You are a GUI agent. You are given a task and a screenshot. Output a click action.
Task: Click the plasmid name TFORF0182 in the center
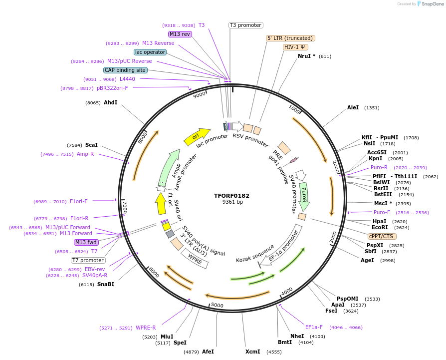tap(232, 195)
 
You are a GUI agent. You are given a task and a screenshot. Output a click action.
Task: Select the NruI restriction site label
tap(306, 56)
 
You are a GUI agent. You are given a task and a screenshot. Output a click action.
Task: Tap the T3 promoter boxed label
tap(245, 25)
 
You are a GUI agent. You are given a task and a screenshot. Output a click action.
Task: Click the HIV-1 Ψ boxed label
tap(295, 47)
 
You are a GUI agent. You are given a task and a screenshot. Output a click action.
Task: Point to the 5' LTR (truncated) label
tap(290, 38)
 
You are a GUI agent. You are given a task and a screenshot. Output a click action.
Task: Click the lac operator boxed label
tap(150, 52)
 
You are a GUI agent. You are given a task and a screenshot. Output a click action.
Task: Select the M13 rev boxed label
tap(180, 34)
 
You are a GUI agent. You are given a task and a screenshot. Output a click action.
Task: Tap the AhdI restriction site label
tap(110, 103)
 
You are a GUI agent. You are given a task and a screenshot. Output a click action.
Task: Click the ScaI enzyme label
tap(91, 145)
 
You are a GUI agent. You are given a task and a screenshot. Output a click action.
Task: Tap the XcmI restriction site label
tap(252, 352)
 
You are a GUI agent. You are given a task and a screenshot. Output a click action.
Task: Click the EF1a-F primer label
tap(314, 328)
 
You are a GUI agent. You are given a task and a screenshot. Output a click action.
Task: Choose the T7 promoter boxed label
tap(88, 260)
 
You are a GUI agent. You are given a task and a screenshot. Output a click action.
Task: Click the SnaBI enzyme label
tap(105, 284)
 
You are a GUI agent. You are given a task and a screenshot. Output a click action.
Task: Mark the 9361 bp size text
tap(232, 202)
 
